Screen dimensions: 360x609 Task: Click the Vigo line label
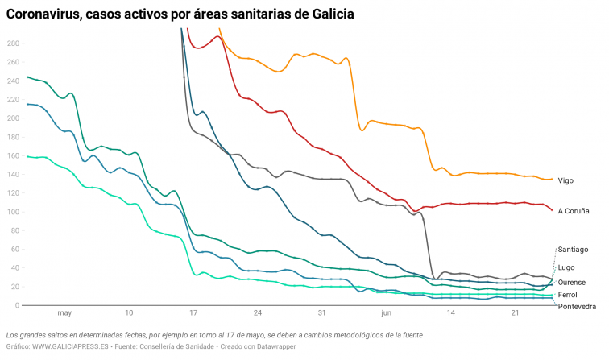565,180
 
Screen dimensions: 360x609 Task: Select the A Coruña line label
574,211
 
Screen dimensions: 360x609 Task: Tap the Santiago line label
573,250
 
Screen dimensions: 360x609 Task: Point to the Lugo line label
566,267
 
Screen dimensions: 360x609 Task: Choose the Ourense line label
572,282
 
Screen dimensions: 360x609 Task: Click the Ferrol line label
568,295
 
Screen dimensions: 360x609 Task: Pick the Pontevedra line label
577,307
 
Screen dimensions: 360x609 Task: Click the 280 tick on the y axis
12,43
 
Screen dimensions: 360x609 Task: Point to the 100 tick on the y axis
12,212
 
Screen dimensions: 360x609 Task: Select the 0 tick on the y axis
16,306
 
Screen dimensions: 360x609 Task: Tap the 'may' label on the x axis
64,312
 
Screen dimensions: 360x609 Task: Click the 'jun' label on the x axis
386,312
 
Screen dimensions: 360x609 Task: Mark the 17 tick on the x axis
193,312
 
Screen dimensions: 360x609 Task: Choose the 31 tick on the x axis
321,312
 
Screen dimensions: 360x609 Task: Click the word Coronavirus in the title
51,14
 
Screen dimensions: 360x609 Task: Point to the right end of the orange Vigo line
552,179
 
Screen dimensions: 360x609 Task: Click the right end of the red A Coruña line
552,210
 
